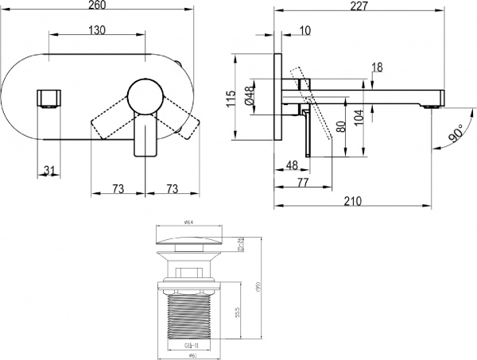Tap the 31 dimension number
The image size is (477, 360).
click(x=50, y=169)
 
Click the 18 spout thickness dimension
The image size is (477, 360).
click(x=378, y=68)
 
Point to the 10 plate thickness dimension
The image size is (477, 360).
click(x=306, y=29)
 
